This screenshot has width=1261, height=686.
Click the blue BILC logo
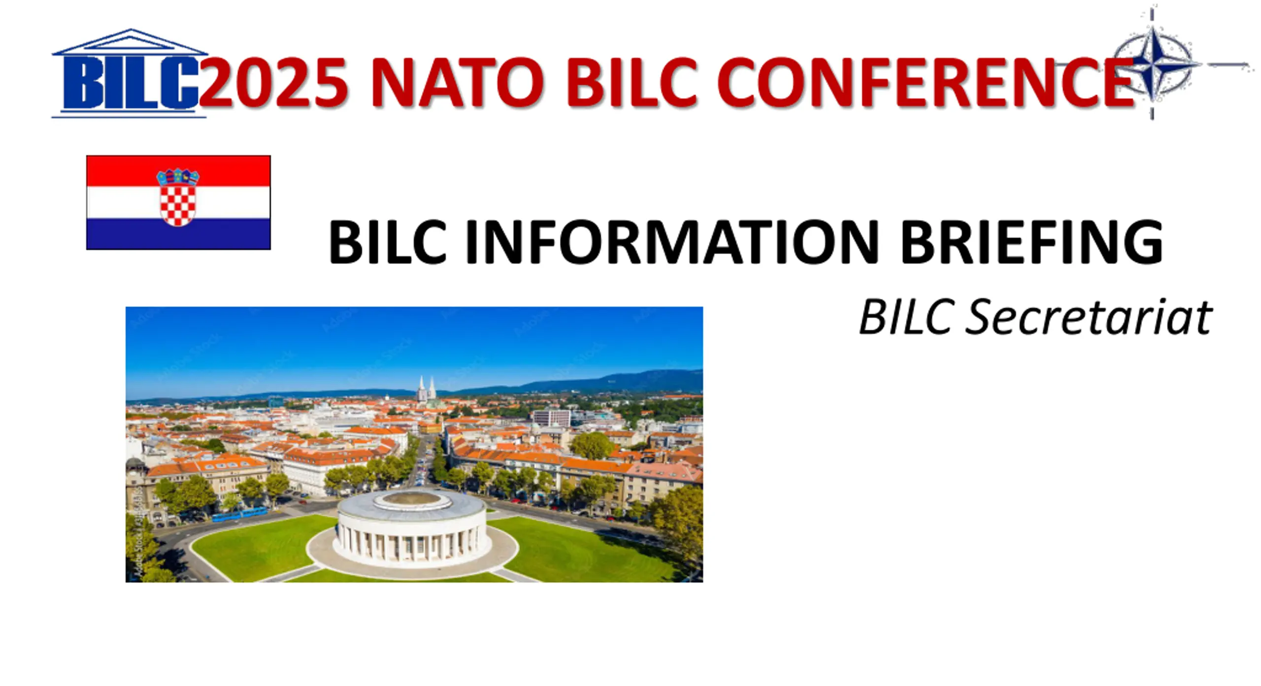tap(129, 74)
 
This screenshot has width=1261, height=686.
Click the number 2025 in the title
tap(274, 82)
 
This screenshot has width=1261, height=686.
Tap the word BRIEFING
tap(1031, 242)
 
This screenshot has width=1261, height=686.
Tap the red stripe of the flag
tap(178, 171)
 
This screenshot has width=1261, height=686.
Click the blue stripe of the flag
tap(178, 234)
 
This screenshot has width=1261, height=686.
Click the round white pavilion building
tap(412, 526)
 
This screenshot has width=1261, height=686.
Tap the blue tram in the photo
tap(239, 514)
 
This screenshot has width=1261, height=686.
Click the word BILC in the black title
tap(387, 242)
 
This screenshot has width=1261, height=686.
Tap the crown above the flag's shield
tap(178, 177)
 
